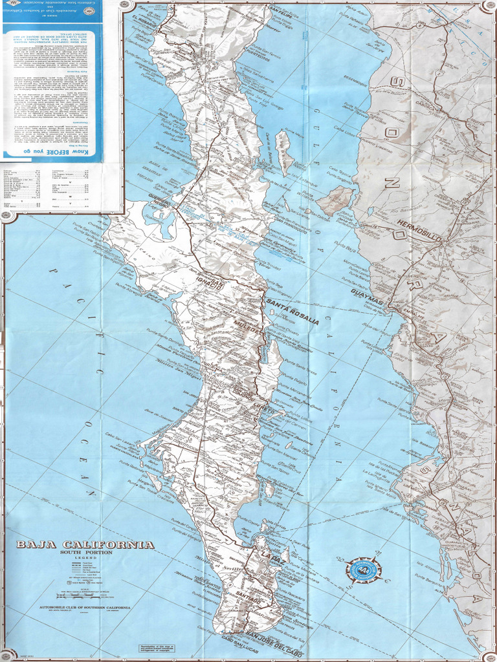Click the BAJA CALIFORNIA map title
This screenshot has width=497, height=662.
point(85,544)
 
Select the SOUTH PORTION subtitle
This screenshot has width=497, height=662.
point(85,553)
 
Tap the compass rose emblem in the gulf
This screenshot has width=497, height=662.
point(363,570)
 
